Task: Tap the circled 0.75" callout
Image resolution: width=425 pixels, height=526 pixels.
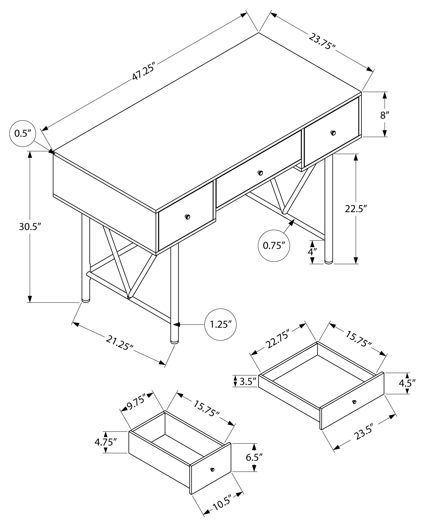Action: pyautogui.click(x=274, y=245)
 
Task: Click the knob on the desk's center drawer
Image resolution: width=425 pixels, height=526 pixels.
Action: pyautogui.click(x=260, y=173)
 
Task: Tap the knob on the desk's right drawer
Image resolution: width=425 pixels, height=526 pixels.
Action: pyautogui.click(x=333, y=133)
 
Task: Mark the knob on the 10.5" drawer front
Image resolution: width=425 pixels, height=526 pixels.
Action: pyautogui.click(x=212, y=469)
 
